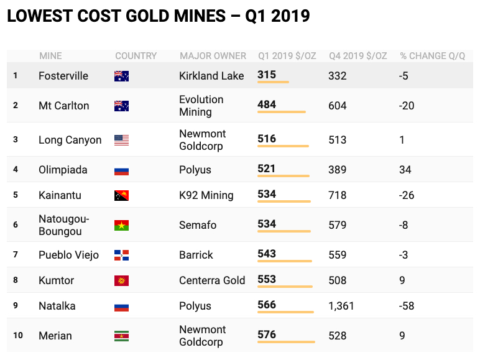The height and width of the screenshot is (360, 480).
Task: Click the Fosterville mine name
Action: [x=63, y=76]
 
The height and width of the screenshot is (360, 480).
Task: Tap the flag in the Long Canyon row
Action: [x=121, y=140]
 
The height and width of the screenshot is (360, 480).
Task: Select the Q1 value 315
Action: [x=267, y=75]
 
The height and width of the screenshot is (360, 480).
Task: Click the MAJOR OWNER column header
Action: [x=213, y=56]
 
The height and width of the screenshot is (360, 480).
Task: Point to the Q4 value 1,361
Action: [x=341, y=306]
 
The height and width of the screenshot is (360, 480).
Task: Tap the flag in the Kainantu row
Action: [x=121, y=195]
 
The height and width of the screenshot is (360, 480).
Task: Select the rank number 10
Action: [x=17, y=336]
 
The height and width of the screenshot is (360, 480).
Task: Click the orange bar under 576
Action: [x=286, y=342]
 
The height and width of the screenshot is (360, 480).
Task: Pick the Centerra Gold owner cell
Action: [x=212, y=280]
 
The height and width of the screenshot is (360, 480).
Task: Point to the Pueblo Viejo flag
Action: [x=121, y=255]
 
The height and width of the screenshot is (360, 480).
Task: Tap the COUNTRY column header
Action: [x=136, y=56]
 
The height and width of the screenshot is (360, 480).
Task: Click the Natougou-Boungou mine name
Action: [x=64, y=225]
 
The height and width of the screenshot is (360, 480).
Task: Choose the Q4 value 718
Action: [x=338, y=195]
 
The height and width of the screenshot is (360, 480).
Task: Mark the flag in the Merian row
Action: [x=121, y=336]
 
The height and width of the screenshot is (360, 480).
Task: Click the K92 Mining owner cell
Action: [x=206, y=195]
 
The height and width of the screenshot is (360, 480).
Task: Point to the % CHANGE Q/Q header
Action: [x=432, y=56]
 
